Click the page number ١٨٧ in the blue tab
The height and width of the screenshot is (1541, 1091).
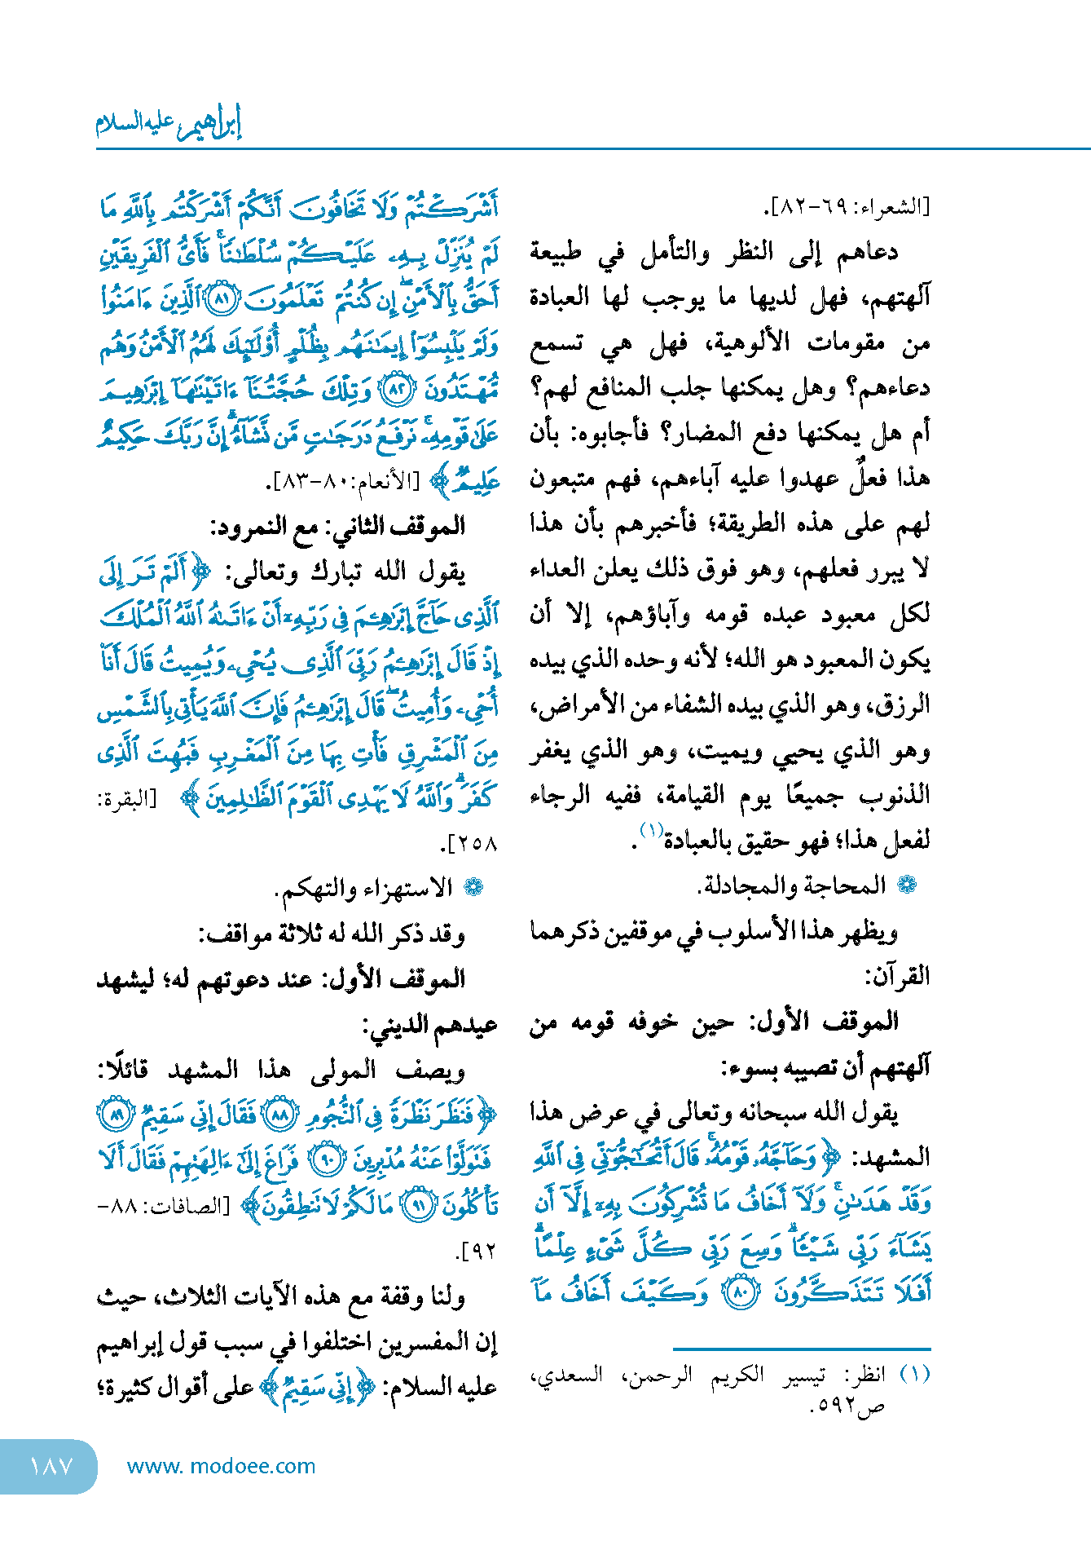[51, 1466]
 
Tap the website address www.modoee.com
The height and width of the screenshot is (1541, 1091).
[221, 1466]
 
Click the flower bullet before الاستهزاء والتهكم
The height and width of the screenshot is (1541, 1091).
[473, 887]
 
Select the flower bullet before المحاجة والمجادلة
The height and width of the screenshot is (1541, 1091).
[906, 885]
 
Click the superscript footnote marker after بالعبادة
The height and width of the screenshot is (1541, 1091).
[652, 831]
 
